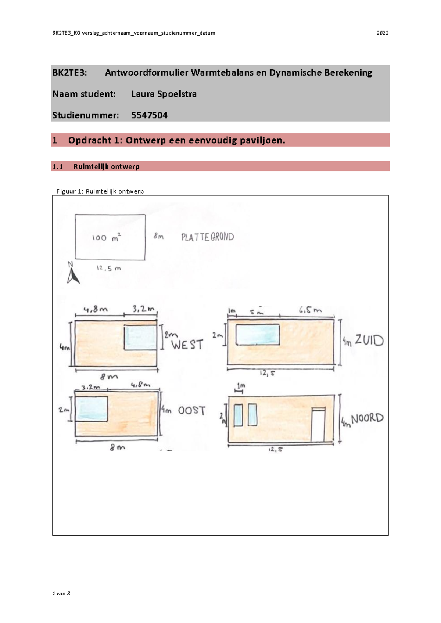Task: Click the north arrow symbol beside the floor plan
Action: pyautogui.click(x=73, y=276)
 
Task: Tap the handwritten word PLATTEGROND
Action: pyautogui.click(x=208, y=237)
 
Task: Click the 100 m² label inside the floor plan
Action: pyautogui.click(x=106, y=237)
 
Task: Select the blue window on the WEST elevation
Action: pyautogui.click(x=140, y=337)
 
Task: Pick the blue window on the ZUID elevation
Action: pyautogui.click(x=257, y=334)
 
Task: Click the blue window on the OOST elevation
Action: pyautogui.click(x=91, y=409)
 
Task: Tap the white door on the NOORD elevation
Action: pyautogui.click(x=318, y=425)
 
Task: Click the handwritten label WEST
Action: pyautogui.click(x=187, y=345)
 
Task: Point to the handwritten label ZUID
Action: pyautogui.click(x=369, y=341)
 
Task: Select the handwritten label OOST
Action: pyautogui.click(x=192, y=411)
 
